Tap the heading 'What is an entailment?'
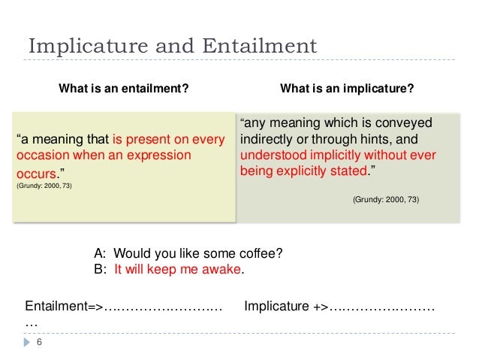(124, 89)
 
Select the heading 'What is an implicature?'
(346, 89)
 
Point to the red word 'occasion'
(38, 156)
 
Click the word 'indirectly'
(266, 141)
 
